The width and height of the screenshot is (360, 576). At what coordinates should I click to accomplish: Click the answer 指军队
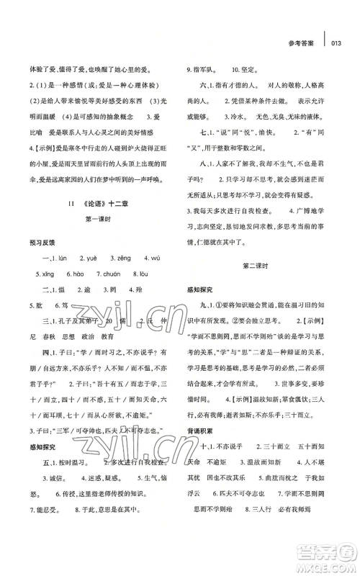pyautogui.click(x=209, y=69)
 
